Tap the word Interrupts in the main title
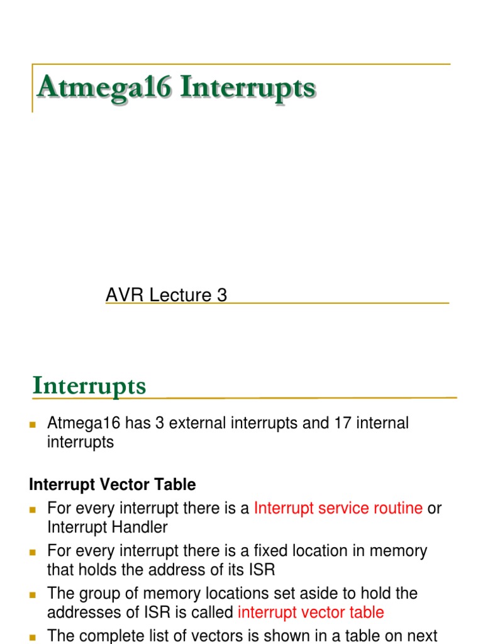[248, 87]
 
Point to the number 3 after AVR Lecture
[221, 295]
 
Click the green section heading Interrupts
[89, 386]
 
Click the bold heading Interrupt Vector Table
[113, 485]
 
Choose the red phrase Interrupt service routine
[338, 508]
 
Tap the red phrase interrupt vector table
[311, 613]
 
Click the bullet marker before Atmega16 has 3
[33, 425]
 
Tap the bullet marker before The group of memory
[33, 595]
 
